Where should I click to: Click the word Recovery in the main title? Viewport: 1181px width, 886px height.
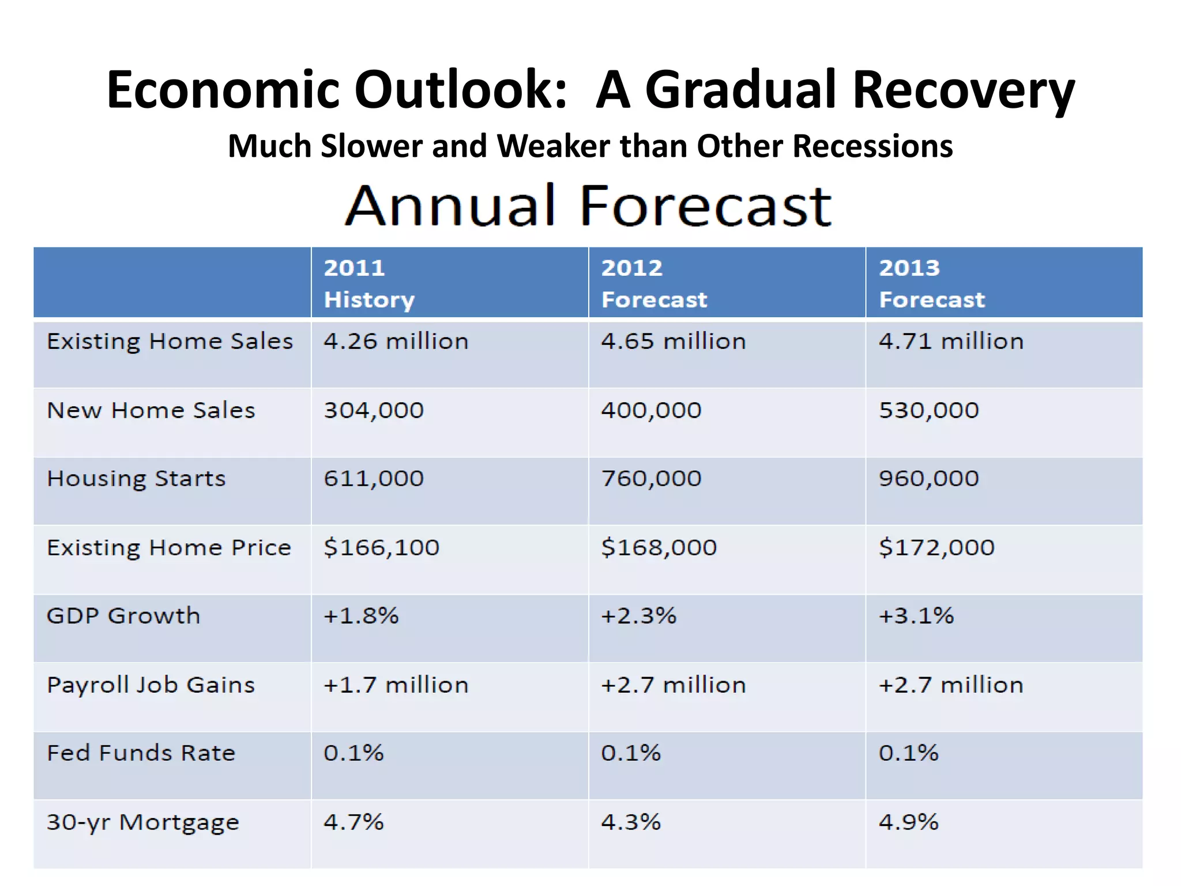pos(963,91)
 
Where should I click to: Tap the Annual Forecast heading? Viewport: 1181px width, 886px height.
pos(588,207)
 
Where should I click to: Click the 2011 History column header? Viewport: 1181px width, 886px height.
pos(369,283)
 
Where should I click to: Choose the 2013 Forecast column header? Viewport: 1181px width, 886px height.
pos(931,283)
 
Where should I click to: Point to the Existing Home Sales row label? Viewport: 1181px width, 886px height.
pos(170,341)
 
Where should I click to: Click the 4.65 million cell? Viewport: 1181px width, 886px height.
pos(674,341)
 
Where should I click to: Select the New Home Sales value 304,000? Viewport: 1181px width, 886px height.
pos(374,411)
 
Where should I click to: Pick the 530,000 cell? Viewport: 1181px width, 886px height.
pos(928,411)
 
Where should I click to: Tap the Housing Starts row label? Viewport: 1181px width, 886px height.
pos(137,479)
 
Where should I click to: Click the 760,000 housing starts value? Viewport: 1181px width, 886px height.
pos(651,479)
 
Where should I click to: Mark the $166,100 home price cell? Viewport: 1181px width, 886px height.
pos(382,547)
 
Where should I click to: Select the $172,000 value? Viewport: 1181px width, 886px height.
pos(936,547)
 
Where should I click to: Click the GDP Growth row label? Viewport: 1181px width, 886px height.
pos(123,616)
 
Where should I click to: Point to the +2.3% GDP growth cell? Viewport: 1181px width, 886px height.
pos(638,616)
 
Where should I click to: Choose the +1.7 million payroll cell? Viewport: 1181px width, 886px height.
pos(396,685)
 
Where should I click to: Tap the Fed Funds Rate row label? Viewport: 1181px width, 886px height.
pos(141,753)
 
